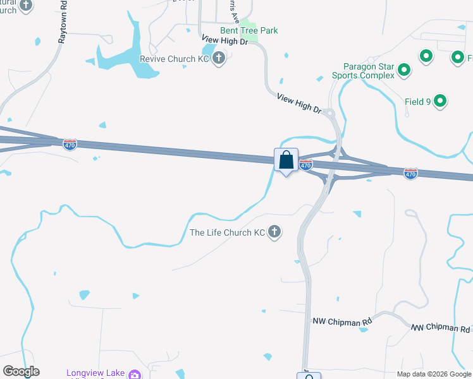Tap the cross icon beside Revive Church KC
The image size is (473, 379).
pyautogui.click(x=219, y=59)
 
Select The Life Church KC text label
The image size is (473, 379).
pyautogui.click(x=228, y=232)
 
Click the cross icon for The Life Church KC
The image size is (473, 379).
pyautogui.click(x=274, y=232)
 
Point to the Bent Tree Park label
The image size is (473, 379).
pyautogui.click(x=249, y=30)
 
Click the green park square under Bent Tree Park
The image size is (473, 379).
pyautogui.click(x=252, y=39)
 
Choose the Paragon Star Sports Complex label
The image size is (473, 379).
pyautogui.click(x=364, y=71)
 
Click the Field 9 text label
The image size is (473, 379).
pyautogui.click(x=417, y=101)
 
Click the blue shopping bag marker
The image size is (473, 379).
pyautogui.click(x=286, y=160)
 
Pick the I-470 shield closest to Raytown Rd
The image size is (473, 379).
pyautogui.click(x=70, y=145)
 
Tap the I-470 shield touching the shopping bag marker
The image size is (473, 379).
pyautogui.click(x=306, y=165)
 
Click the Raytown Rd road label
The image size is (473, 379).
pyautogui.click(x=63, y=25)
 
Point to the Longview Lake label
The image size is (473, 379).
pyautogui.click(x=94, y=373)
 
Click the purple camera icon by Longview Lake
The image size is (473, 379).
pyautogui.click(x=134, y=375)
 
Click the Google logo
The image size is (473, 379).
pyautogui.click(x=21, y=371)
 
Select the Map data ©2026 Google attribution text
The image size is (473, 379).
pyautogui.click(x=434, y=374)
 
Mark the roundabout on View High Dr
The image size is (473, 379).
pyautogui.click(x=329, y=113)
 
